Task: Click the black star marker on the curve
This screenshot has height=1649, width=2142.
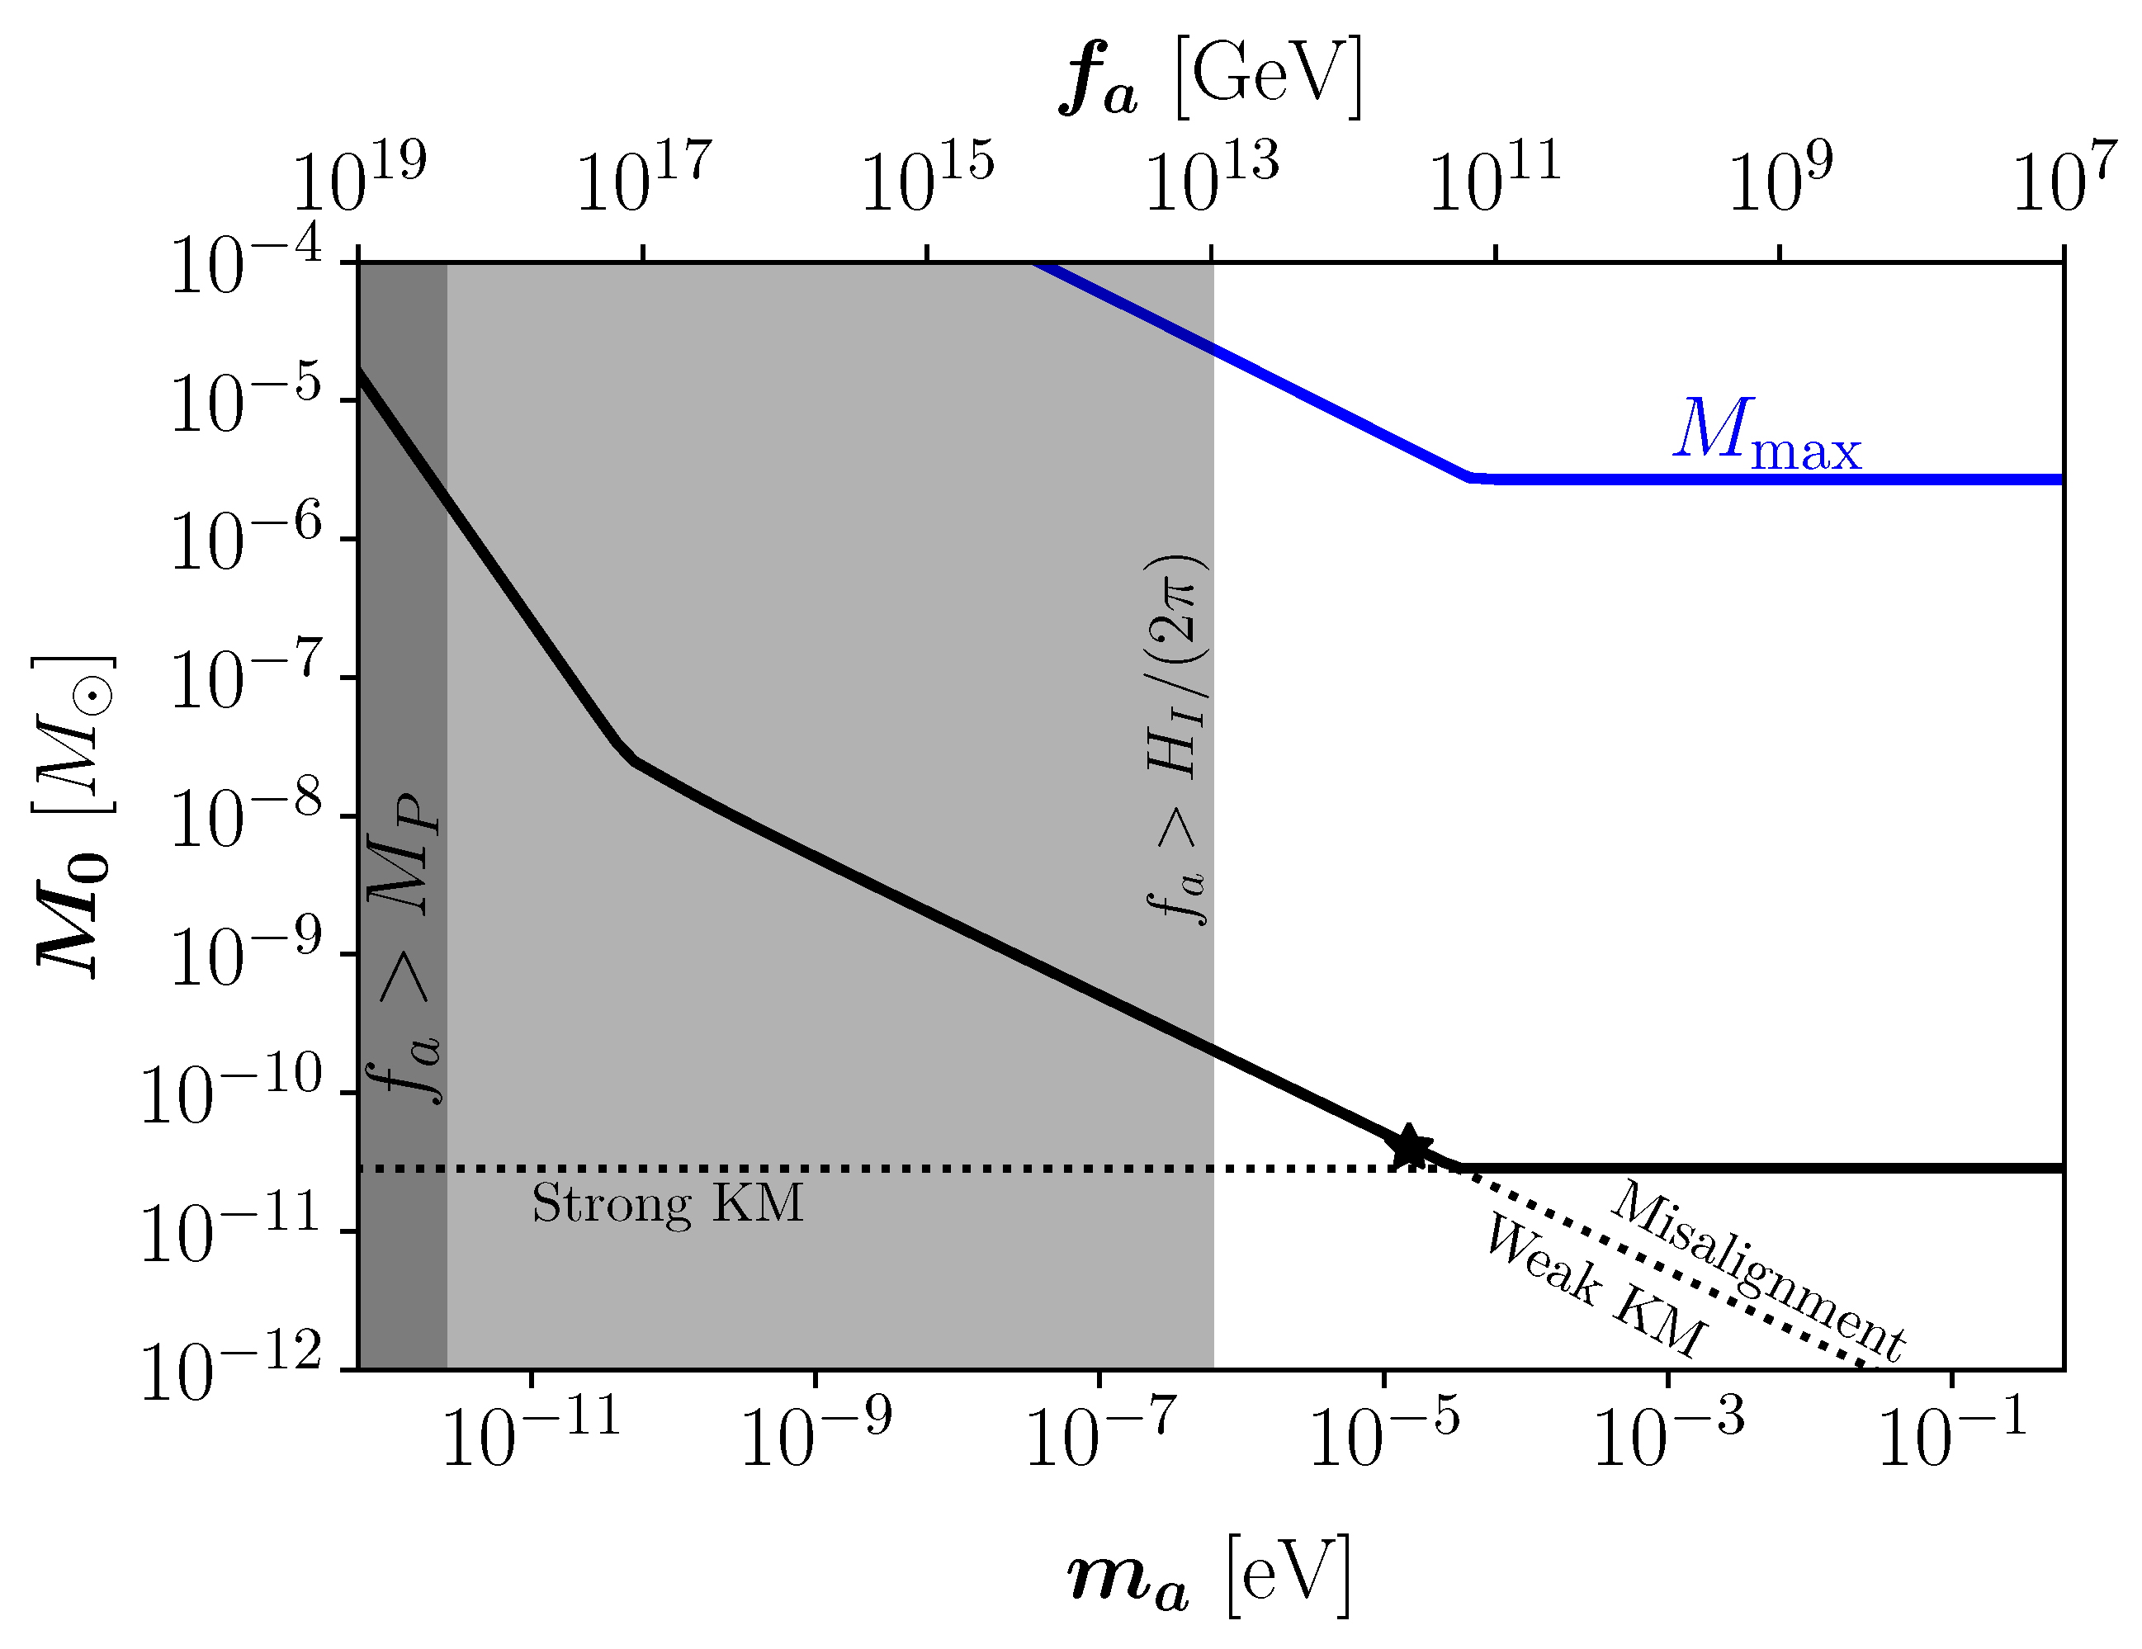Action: [1409, 1146]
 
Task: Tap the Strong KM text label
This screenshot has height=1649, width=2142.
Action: [667, 1204]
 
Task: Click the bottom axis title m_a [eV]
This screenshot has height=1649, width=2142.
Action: [1209, 1577]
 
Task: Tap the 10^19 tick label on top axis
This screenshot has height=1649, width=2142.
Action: [359, 178]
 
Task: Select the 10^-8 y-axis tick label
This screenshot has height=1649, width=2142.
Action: [245, 815]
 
